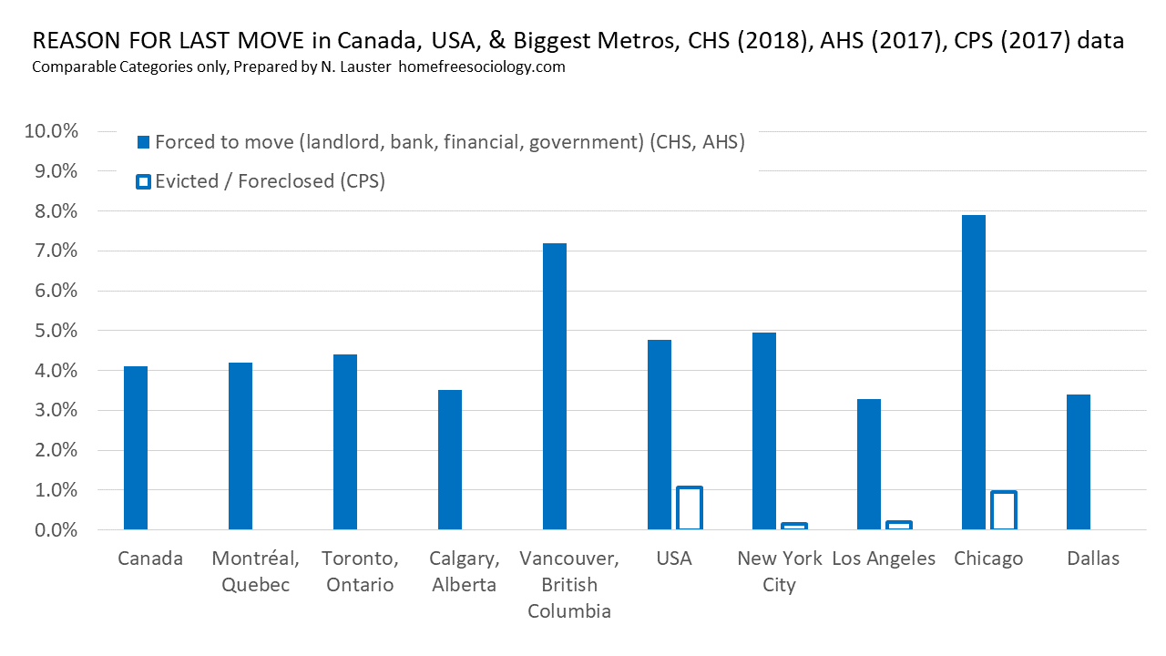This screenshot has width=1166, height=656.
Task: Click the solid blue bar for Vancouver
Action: [555, 386]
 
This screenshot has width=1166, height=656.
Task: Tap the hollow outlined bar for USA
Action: [690, 508]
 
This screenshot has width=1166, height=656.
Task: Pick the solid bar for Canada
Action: [136, 447]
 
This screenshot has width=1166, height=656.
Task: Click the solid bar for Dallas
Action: [1079, 462]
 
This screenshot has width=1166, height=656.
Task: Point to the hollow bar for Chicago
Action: [1004, 510]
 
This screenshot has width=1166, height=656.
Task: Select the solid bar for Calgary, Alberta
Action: [450, 459]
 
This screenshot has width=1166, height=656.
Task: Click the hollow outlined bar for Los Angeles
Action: [899, 525]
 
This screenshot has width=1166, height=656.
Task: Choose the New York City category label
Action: [779, 571]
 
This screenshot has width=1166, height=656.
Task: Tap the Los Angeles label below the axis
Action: [884, 559]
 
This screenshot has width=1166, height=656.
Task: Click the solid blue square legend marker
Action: [142, 142]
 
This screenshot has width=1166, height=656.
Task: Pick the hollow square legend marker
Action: [142, 181]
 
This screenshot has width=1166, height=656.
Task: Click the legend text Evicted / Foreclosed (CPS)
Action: [270, 181]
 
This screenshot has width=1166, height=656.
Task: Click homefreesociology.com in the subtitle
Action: [482, 67]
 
